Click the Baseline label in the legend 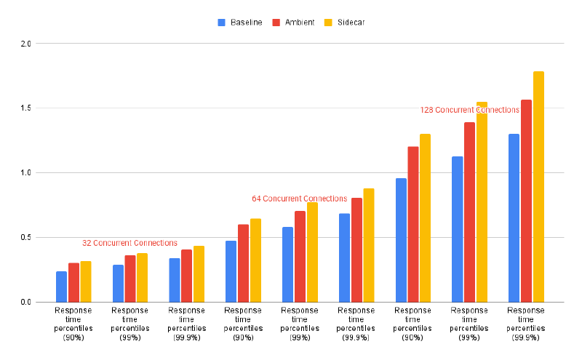point(246,23)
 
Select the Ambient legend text point(299,23)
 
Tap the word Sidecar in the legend point(351,23)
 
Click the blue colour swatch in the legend point(222,23)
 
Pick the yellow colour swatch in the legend point(327,23)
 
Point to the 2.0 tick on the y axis point(25,44)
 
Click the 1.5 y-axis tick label point(25,108)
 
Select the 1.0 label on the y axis point(25,173)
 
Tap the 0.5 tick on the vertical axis point(25,238)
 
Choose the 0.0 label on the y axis point(25,303)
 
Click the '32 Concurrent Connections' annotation point(129,243)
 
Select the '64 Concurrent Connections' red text point(300,199)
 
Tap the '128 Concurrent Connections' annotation point(470,110)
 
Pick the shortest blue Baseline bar point(61,287)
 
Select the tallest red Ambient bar point(526,201)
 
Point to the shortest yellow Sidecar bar point(86,281)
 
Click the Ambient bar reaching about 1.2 point(412,224)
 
